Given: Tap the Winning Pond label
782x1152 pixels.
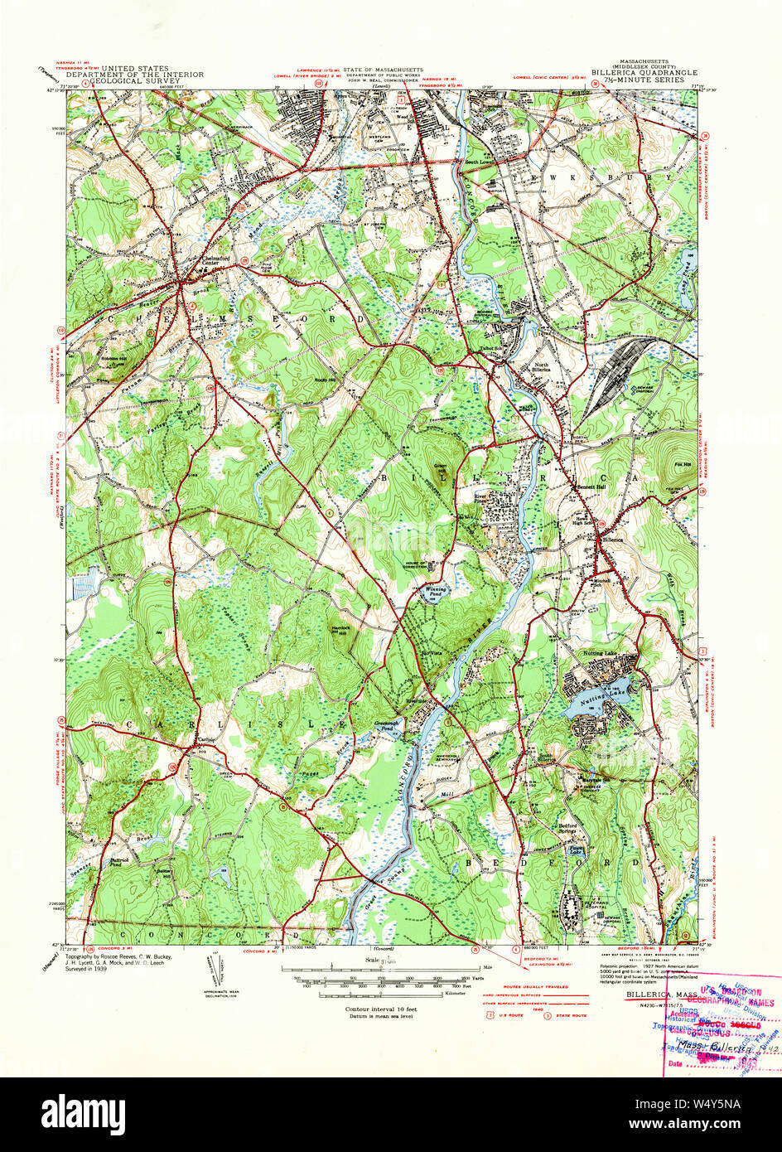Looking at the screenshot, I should tap(436, 592).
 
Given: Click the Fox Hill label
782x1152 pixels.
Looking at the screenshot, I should tap(683, 464).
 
